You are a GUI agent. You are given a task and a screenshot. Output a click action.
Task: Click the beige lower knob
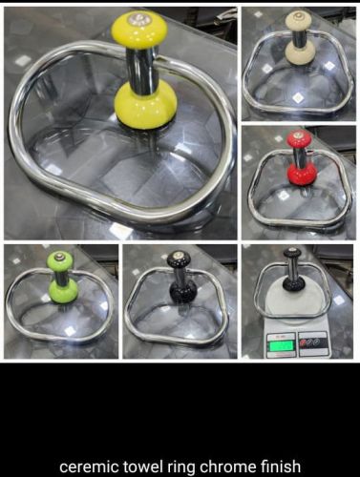(300, 51)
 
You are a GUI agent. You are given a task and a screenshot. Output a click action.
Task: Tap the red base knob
(302, 174)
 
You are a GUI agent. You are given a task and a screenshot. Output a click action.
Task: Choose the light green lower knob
(63, 291)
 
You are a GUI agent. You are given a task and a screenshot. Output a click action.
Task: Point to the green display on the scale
(282, 345)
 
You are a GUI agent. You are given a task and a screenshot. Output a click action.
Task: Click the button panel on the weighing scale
(312, 343)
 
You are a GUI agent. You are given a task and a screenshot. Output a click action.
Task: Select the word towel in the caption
(142, 467)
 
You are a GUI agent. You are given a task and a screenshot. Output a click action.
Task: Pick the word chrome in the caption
(228, 467)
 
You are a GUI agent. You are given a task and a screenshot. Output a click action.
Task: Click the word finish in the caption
(280, 466)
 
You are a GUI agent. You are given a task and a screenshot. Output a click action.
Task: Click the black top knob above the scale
(292, 253)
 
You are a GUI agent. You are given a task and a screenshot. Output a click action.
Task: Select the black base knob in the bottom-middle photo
(182, 292)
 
